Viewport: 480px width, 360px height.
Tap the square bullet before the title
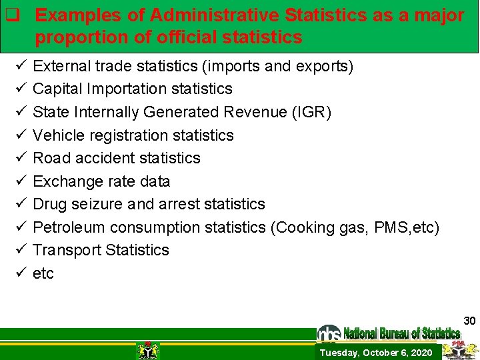tap(11, 15)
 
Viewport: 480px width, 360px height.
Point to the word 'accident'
tap(102, 158)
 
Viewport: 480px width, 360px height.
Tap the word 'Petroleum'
tap(69, 227)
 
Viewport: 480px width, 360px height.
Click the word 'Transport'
tap(65, 250)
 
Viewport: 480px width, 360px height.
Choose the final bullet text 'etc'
tap(43, 273)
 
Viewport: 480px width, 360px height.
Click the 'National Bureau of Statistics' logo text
tap(401, 333)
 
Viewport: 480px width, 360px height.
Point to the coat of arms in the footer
tap(147, 350)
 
